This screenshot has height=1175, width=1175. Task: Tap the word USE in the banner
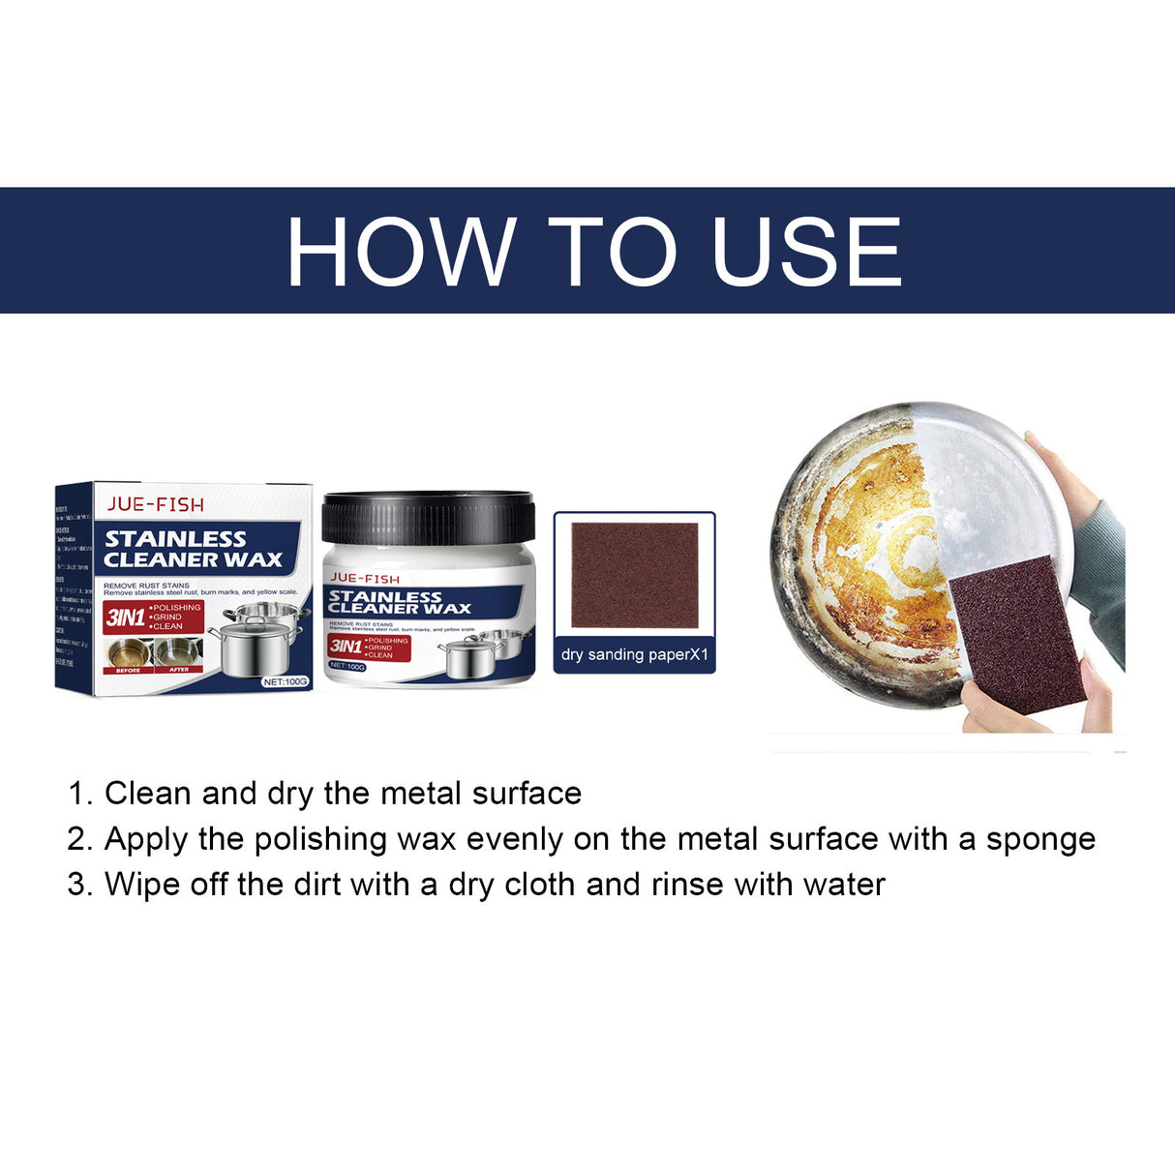(x=806, y=252)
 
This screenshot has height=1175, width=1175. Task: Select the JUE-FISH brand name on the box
(x=155, y=503)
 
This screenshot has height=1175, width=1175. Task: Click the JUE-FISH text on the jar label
(x=364, y=579)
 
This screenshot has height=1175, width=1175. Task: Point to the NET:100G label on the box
(x=286, y=681)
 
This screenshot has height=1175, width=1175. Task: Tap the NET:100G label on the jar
(x=347, y=666)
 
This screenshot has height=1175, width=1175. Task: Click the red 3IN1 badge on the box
(x=125, y=618)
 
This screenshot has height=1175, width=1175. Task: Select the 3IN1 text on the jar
(x=345, y=646)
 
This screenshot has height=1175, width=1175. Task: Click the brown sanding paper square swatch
(x=634, y=575)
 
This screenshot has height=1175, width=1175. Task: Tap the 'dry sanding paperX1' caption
(x=634, y=654)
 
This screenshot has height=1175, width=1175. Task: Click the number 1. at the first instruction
(x=79, y=794)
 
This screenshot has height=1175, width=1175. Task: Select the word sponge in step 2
(x=1040, y=839)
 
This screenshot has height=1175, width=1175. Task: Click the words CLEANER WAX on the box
(x=193, y=559)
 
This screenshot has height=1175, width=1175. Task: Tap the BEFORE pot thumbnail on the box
(x=128, y=653)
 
